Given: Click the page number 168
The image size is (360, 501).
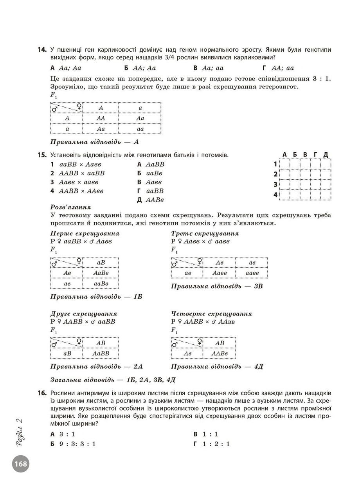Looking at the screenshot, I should point(21,464).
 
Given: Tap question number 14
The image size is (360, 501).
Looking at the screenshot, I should point(43,50).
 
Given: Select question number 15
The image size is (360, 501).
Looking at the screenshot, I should point(43,155).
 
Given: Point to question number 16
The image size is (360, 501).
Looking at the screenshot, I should point(43,393).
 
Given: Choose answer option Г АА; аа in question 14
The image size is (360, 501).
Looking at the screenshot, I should point(278,68).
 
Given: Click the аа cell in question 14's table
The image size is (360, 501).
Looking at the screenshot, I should point(140,129).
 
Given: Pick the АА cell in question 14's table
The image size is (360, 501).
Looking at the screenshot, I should point(101,118).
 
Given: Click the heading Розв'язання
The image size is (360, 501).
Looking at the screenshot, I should point(70,207).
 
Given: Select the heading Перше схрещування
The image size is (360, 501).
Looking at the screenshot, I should point(85,234).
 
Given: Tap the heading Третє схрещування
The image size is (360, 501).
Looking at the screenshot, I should point(205,234).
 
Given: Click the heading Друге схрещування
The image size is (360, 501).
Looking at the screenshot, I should point(84,314).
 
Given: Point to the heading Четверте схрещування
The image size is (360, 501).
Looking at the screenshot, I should point(212,314).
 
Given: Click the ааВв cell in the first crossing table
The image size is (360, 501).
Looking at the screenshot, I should point(101,283).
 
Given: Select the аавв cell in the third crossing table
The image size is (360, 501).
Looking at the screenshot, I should point(252,273).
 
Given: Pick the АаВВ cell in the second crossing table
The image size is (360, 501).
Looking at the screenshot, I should point(101,353).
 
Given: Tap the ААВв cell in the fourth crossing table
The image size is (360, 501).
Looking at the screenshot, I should point(220,353).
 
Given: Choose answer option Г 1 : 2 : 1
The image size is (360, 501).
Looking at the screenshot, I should point(211,444).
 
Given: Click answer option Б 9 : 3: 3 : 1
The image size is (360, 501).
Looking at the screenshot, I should point(73,444).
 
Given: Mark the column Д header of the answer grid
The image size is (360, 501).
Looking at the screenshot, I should point(326,155).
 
